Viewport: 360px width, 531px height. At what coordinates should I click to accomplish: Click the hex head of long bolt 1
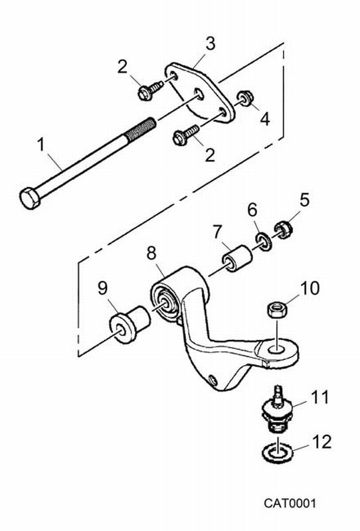click(29, 197)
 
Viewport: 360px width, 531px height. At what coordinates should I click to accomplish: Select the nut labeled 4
click(244, 98)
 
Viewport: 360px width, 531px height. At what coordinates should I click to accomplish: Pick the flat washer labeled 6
click(263, 242)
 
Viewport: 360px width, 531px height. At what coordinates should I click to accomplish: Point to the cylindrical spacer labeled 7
click(237, 259)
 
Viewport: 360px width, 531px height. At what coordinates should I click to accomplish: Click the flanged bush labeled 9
click(130, 324)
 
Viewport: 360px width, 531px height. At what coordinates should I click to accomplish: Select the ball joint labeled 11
click(277, 410)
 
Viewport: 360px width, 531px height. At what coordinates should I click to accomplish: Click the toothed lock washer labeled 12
click(278, 452)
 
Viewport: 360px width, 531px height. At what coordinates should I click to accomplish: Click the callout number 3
click(210, 44)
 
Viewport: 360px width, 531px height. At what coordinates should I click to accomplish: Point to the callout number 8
click(151, 253)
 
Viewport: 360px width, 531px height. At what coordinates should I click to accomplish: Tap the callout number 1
click(41, 144)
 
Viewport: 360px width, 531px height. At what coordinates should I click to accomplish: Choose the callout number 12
click(320, 442)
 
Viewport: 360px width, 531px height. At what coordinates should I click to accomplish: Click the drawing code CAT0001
click(290, 503)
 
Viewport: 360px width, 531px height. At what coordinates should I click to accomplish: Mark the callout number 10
click(310, 288)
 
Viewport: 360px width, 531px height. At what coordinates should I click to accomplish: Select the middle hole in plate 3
click(199, 94)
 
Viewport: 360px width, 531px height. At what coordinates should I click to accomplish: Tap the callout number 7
click(217, 232)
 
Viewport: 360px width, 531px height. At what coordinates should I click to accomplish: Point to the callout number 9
click(102, 288)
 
